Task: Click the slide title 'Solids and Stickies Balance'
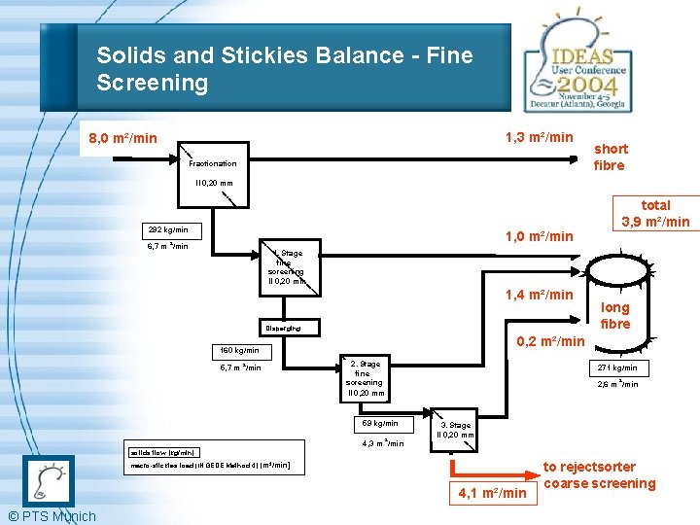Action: [284, 68]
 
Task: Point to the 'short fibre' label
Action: [611, 157]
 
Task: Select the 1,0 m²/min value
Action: [539, 236]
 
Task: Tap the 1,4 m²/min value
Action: [539, 294]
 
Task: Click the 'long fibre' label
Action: [615, 315]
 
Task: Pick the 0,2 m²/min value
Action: [550, 340]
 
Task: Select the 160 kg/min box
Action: [239, 350]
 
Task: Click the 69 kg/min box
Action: [380, 424]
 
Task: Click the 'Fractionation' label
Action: [213, 163]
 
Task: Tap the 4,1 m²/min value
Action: [492, 493]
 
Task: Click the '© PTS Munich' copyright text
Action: [52, 516]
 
